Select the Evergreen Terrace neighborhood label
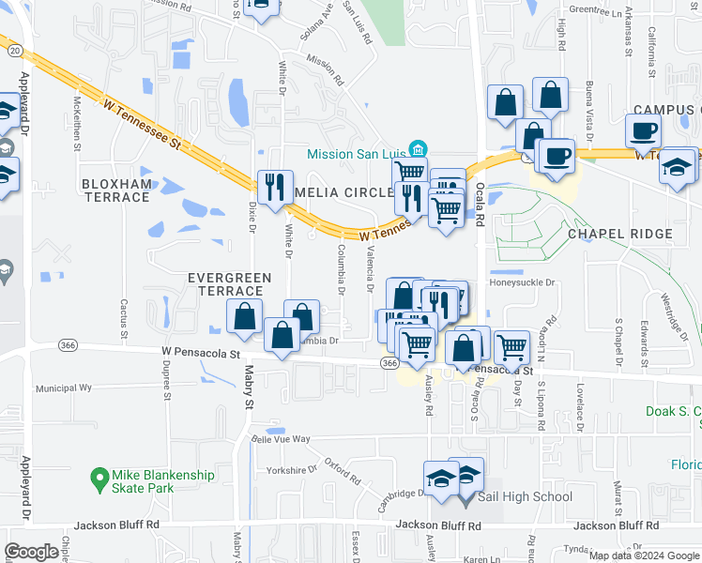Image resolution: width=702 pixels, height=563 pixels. click(230, 284)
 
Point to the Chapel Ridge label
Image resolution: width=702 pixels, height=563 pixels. click(619, 234)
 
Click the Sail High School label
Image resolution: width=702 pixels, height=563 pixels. click(525, 496)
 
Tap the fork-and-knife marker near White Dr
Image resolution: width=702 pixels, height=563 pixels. click(275, 189)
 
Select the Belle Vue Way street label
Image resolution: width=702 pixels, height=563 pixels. click(279, 438)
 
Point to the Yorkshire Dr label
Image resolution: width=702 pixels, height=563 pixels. click(292, 470)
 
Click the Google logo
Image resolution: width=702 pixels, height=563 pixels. click(32, 551)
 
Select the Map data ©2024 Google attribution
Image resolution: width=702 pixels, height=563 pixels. click(643, 555)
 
